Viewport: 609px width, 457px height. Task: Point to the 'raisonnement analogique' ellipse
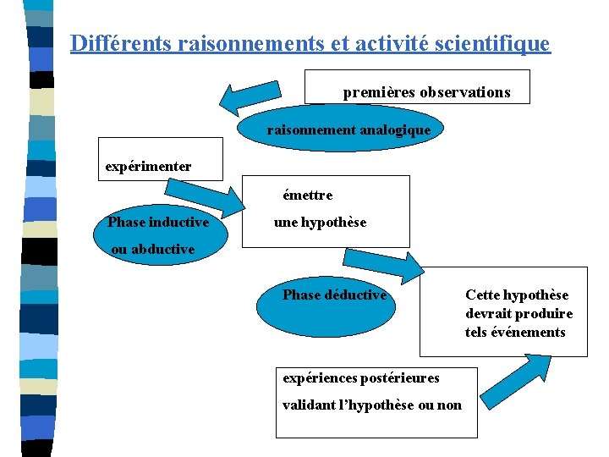click(348, 130)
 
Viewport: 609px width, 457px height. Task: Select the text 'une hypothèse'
click(320, 223)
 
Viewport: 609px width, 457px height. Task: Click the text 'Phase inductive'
click(158, 223)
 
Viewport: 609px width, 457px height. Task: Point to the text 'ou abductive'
click(153, 250)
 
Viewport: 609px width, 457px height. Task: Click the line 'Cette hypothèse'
click(517, 295)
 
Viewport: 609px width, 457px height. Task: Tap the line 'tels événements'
click(515, 332)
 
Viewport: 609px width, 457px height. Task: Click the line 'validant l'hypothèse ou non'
click(372, 405)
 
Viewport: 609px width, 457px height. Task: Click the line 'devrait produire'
click(518, 313)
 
